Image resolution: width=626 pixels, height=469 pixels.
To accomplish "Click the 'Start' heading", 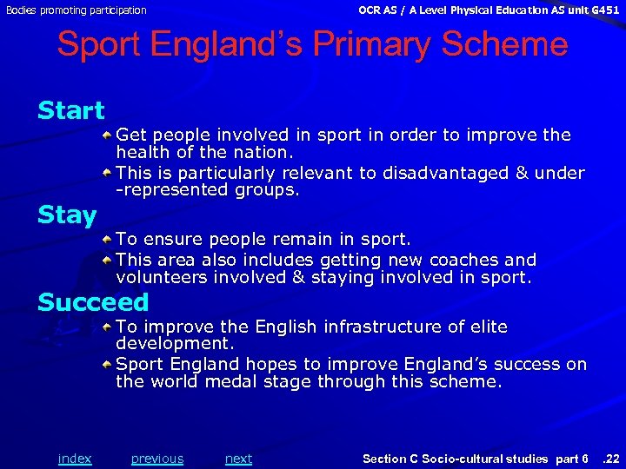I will [x=70, y=111].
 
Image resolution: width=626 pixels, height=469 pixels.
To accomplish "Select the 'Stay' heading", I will [x=66, y=215].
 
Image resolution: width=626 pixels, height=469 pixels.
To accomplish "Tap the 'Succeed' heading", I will [x=93, y=303].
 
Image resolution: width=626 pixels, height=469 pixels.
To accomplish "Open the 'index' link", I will [x=74, y=459].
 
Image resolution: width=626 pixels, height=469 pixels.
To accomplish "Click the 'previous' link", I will [x=157, y=459].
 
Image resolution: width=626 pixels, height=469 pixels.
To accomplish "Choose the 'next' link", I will [x=238, y=459].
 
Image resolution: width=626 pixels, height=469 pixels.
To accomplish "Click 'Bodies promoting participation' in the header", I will [x=76, y=10].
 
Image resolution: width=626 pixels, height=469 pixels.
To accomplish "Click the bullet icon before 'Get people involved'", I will [x=106, y=135].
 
